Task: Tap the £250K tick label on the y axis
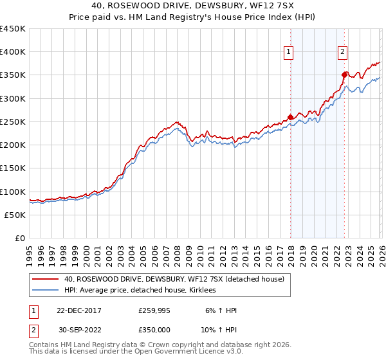point(13,122)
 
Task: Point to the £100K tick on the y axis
point(13,192)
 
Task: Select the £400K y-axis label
point(13,52)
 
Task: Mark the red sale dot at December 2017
point(290,117)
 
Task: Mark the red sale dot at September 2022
point(345,75)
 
